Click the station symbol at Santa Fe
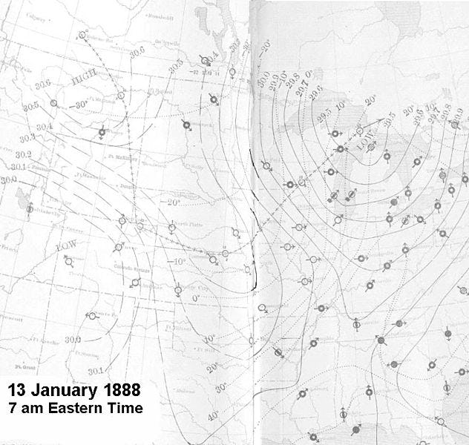[x=91, y=316]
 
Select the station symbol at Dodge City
[x=179, y=292]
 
